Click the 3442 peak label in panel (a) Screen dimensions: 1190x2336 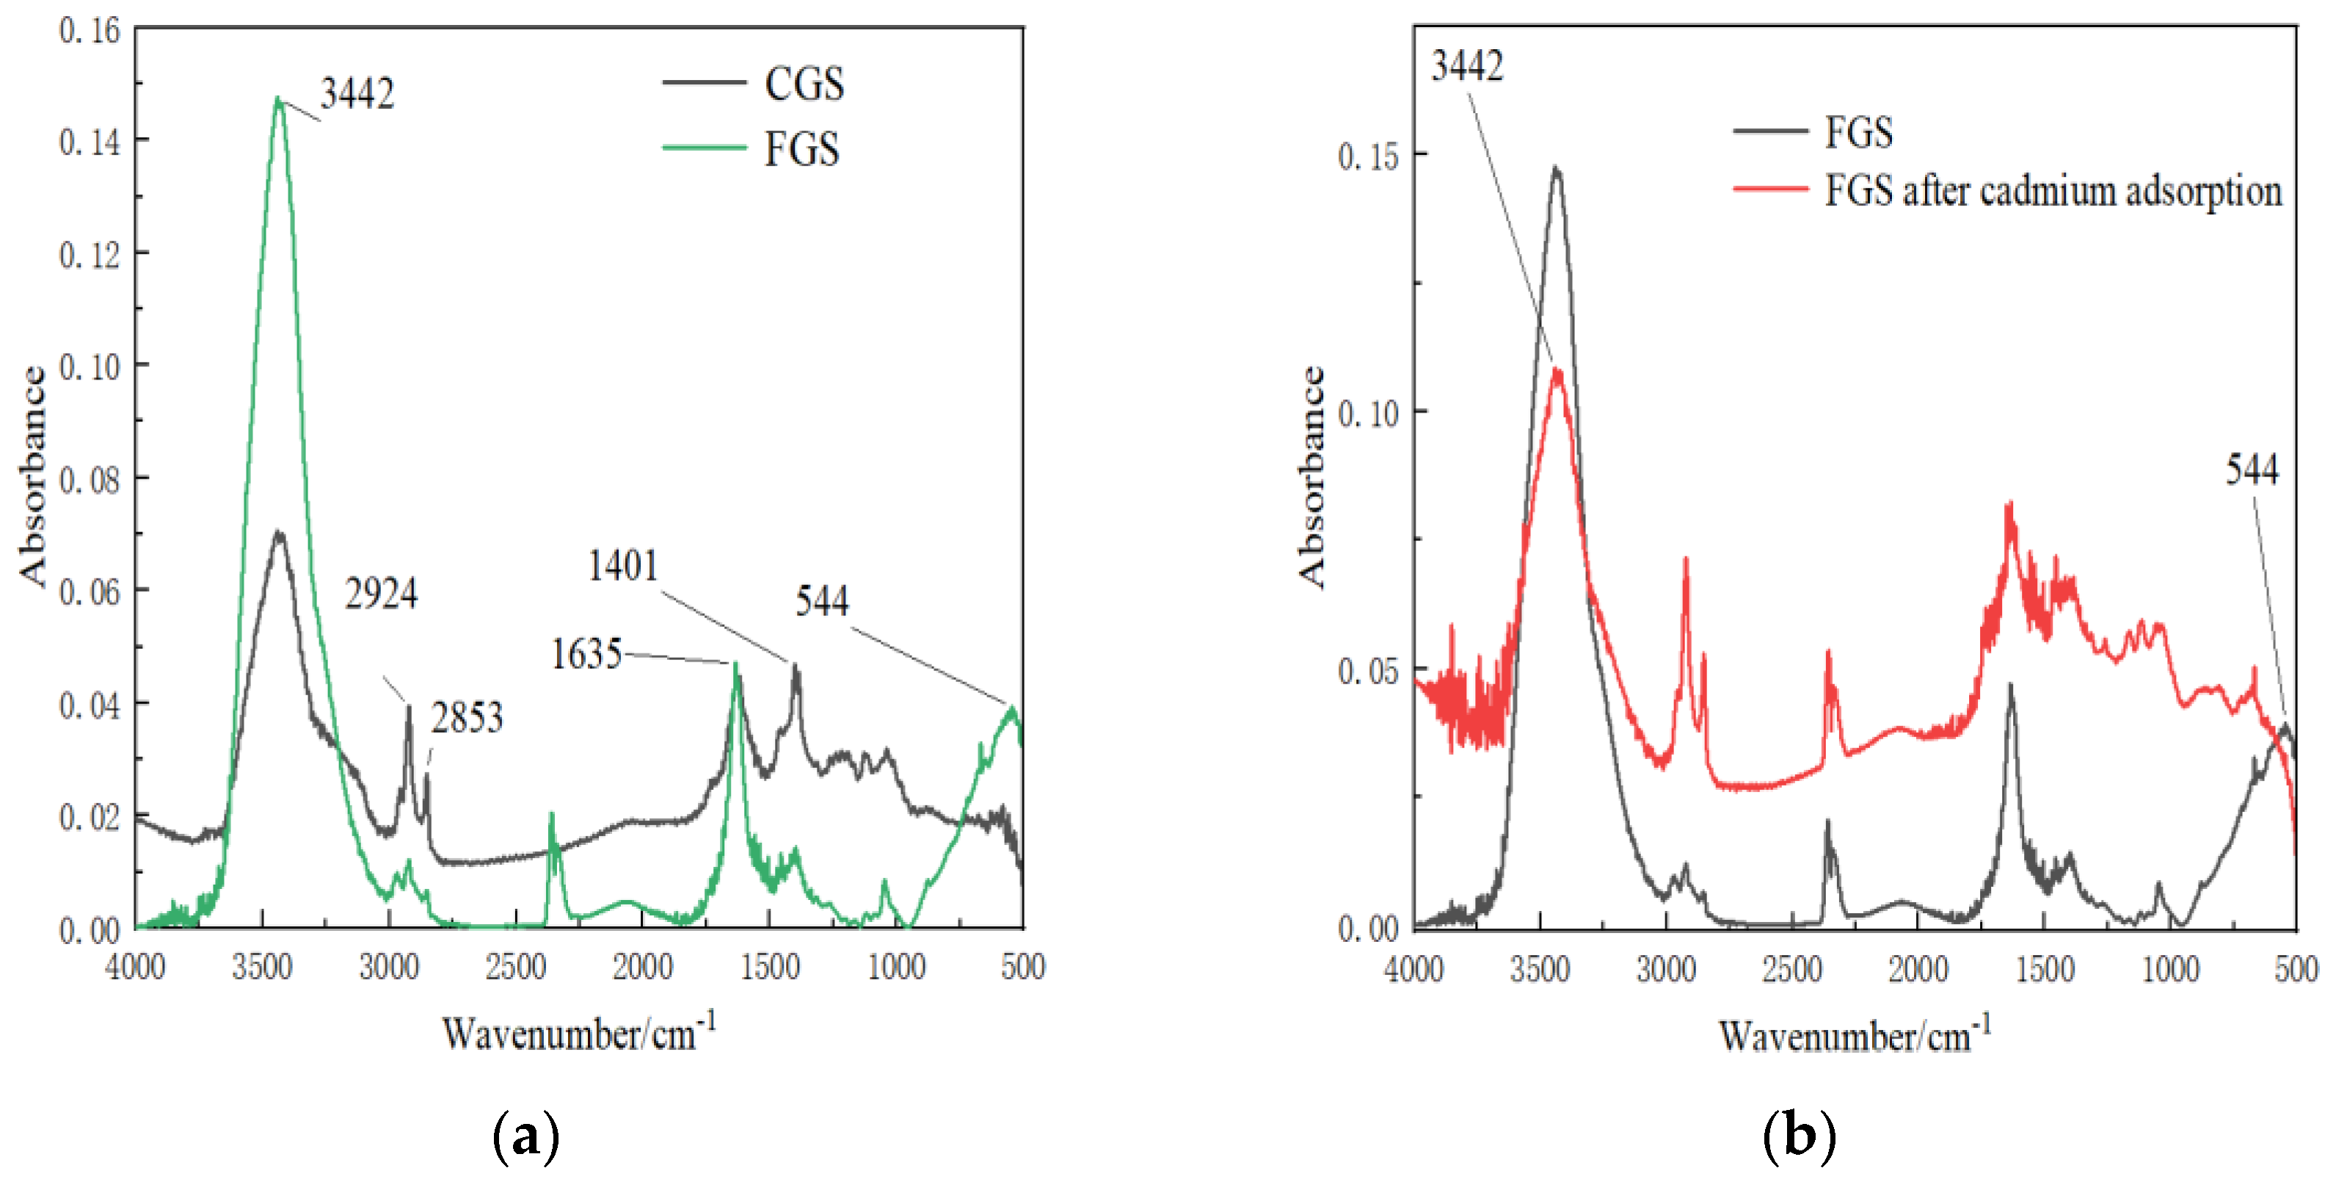[x=357, y=94]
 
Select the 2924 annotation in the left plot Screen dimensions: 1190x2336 [x=381, y=595]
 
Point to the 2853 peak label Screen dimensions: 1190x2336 [x=466, y=719]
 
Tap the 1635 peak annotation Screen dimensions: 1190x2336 [x=586, y=654]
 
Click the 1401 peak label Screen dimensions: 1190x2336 [x=623, y=566]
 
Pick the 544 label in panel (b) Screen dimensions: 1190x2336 [x=2252, y=470]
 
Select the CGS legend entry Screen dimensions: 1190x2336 [x=804, y=84]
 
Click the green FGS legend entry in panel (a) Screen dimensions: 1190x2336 [x=801, y=150]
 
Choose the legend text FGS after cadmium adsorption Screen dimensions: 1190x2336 [x=2053, y=192]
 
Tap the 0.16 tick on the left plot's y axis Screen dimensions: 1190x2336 [x=90, y=31]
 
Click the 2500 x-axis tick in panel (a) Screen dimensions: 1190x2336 [x=515, y=968]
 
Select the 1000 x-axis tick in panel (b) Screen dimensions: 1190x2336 [x=2171, y=970]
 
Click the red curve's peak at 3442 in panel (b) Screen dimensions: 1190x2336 [x=1558, y=370]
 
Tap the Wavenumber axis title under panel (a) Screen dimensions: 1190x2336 [x=578, y=1033]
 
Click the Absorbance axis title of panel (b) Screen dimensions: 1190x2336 [x=1311, y=477]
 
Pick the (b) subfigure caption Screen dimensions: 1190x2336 [x=1800, y=1136]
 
